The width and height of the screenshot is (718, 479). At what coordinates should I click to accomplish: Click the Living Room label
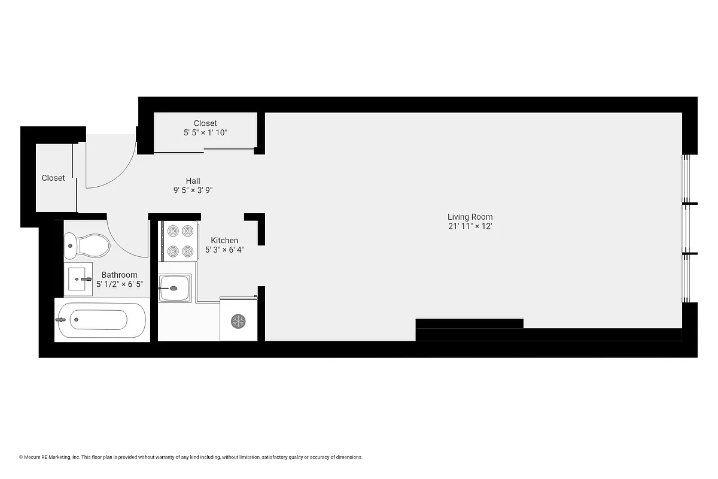point(470,217)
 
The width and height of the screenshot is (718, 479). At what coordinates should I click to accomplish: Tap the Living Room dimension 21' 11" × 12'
point(470,227)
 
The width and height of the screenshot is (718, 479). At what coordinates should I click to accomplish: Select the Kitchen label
point(224,240)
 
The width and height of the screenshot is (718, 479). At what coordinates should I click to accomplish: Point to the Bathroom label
point(119,275)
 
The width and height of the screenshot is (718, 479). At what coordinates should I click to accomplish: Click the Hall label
point(193,181)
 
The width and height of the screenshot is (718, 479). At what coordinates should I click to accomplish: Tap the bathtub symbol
point(100,320)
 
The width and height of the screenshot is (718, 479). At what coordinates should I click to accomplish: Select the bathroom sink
point(78,278)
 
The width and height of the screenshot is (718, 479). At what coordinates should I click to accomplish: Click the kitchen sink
point(175,288)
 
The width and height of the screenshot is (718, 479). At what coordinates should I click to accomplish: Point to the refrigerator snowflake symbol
point(238,322)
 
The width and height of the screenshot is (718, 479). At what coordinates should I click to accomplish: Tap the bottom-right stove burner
point(188,251)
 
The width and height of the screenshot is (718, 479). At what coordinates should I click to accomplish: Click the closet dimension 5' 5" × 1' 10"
point(205,133)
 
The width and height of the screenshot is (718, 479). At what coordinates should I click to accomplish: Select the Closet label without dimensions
point(53,178)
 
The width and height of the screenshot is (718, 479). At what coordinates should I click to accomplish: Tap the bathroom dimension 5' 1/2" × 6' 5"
point(120,284)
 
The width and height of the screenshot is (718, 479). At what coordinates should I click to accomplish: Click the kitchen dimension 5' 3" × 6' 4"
point(224,250)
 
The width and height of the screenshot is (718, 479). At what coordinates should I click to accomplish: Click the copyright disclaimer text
point(191,457)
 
